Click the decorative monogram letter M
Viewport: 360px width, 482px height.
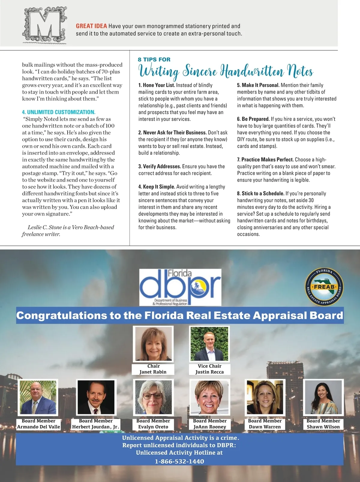pos(44,26)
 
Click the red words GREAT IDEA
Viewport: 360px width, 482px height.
pos(91,26)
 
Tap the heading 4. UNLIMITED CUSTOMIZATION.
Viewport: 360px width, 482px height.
pos(58,112)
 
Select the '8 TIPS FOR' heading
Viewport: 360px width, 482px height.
pos(154,59)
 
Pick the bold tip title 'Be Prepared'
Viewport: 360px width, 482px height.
pos(256,119)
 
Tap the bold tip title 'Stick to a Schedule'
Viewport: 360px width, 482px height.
pos(263,194)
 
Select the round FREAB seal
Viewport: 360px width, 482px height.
pos(324,287)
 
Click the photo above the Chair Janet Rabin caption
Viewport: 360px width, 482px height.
pos(154,344)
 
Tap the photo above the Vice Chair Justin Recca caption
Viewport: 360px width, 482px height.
pos(209,344)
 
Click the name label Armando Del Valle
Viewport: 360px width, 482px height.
pos(38,427)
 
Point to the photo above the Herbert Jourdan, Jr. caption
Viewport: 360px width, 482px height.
pos(96,397)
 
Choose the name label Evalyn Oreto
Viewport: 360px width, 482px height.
pos(153,427)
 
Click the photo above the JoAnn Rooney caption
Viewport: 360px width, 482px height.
pos(210,397)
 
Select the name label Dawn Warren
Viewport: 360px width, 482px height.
pos(265,427)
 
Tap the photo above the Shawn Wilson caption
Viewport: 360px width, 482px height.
pos(323,397)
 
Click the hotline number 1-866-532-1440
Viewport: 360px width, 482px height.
pos(179,462)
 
